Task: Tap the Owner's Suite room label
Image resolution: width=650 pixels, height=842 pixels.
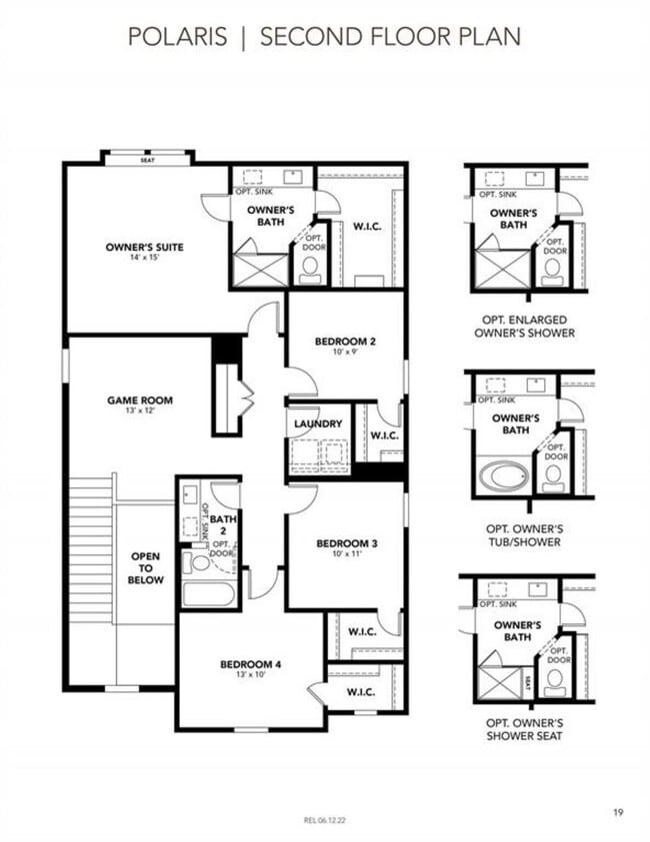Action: pyautogui.click(x=145, y=248)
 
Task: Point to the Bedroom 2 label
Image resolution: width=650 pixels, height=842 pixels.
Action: pyautogui.click(x=345, y=343)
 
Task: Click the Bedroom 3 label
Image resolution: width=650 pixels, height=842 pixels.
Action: pyautogui.click(x=346, y=543)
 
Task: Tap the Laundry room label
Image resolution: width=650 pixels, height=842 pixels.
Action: pyautogui.click(x=318, y=423)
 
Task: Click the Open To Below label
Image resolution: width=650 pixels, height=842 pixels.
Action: pyautogui.click(x=145, y=567)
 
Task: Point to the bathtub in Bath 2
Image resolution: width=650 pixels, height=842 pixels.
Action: pyautogui.click(x=208, y=595)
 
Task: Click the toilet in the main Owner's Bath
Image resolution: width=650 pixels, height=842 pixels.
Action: pyautogui.click(x=310, y=267)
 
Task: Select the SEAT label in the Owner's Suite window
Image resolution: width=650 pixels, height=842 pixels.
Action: pyautogui.click(x=147, y=159)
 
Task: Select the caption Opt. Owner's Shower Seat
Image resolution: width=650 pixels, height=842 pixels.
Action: pyautogui.click(x=524, y=729)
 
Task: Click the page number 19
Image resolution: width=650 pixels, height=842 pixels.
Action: pyautogui.click(x=617, y=785)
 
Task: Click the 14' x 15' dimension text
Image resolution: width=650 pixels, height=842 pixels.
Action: pyautogui.click(x=145, y=258)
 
